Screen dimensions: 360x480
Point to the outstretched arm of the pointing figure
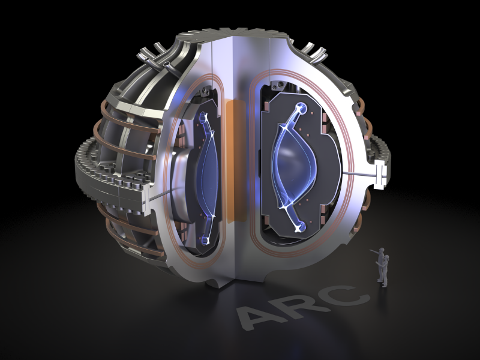(x=374, y=250)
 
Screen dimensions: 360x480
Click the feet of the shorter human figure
(x=385, y=285)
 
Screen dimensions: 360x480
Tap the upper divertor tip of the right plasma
(x=301, y=109)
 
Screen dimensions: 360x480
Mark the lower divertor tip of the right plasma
(x=300, y=227)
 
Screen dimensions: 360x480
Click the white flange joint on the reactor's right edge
(x=379, y=174)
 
